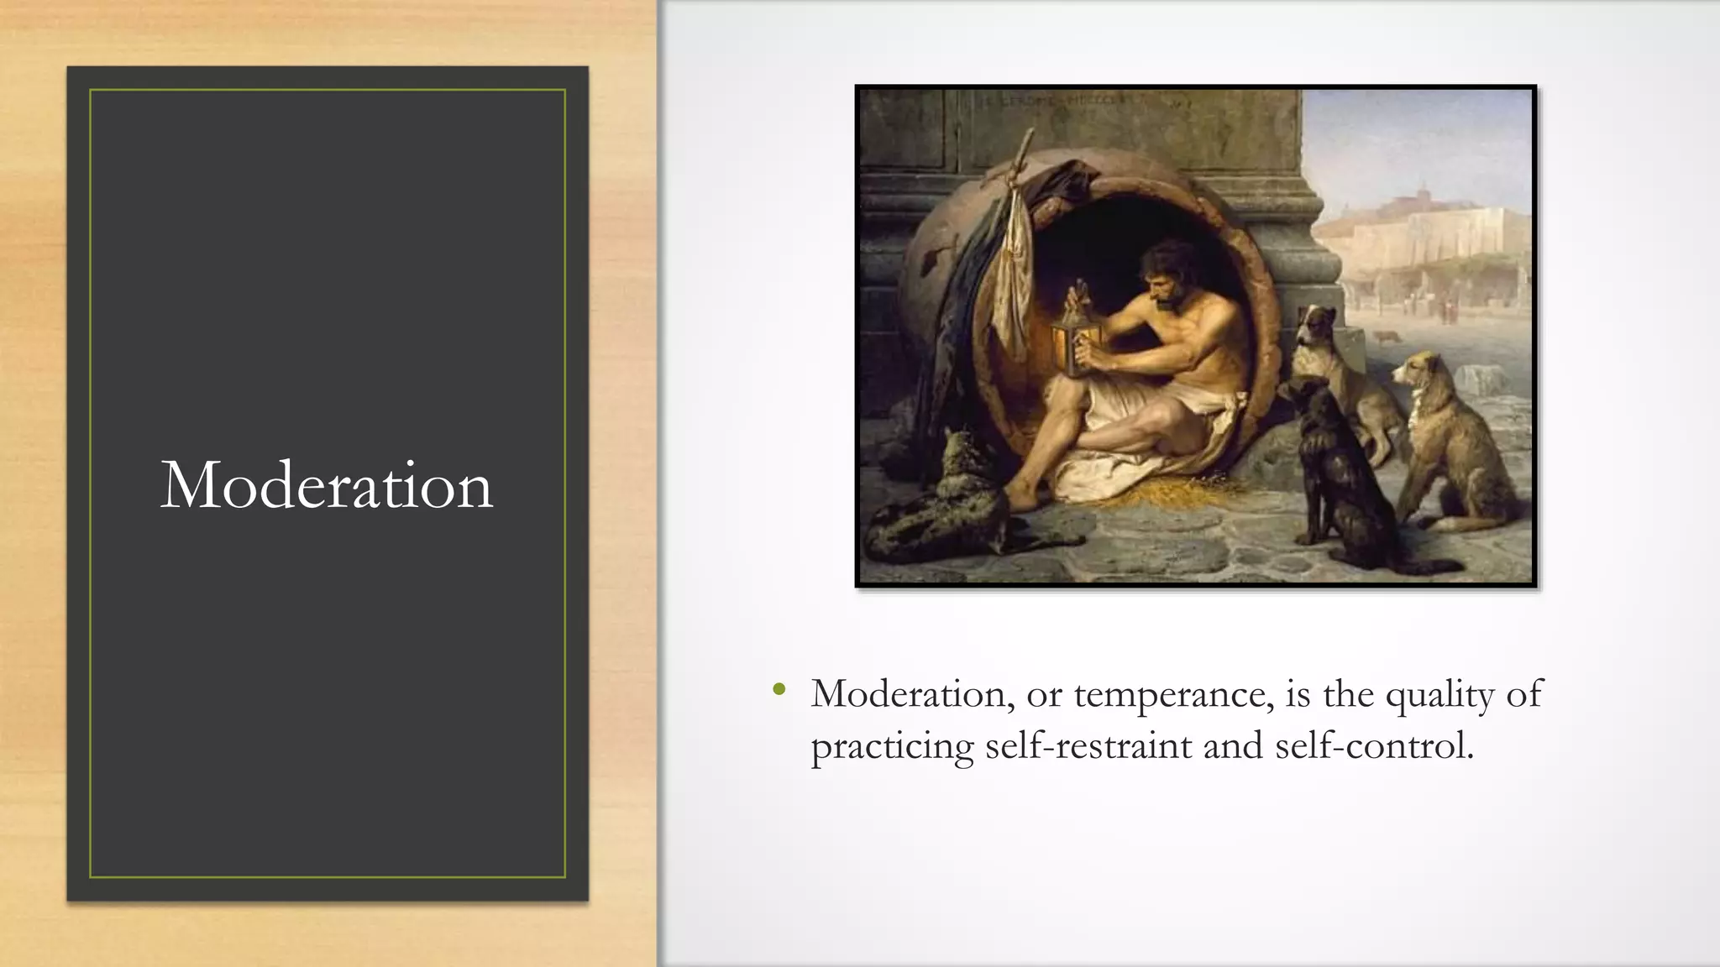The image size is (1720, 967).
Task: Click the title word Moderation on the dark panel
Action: pos(327,485)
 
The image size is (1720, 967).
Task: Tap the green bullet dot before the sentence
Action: pos(779,691)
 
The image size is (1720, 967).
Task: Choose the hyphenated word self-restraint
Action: pos(1088,745)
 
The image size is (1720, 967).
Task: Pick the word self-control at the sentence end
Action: pos(1374,745)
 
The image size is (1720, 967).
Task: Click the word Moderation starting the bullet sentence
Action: pos(912,694)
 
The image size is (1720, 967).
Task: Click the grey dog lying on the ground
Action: pos(941,512)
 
